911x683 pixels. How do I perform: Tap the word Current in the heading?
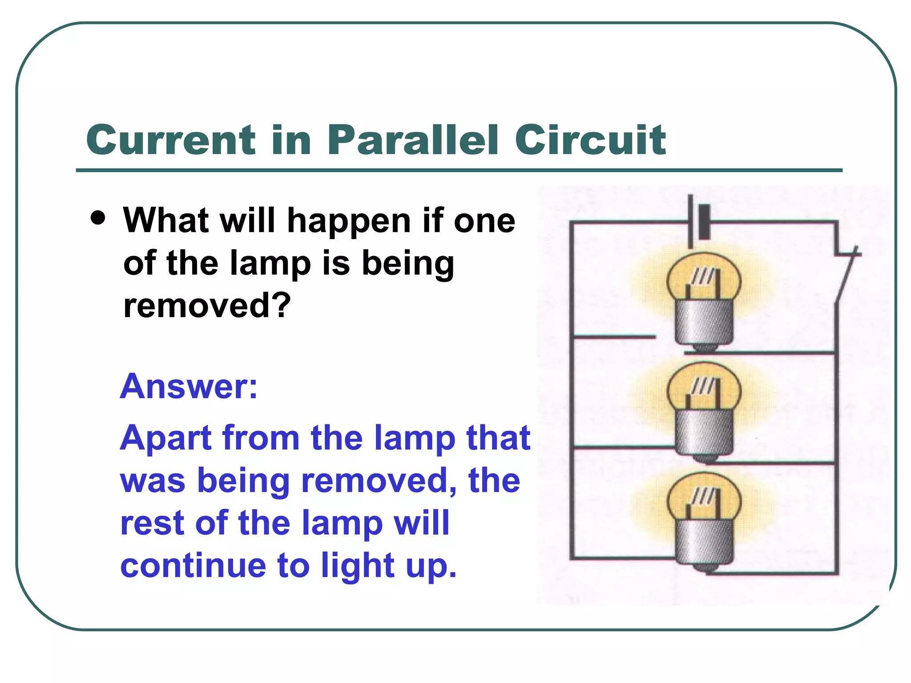171,140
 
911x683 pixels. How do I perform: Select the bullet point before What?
97,218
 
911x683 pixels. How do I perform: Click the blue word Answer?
189,386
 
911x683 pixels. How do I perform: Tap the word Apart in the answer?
165,438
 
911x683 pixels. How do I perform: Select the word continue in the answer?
193,566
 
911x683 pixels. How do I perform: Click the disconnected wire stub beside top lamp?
614,337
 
